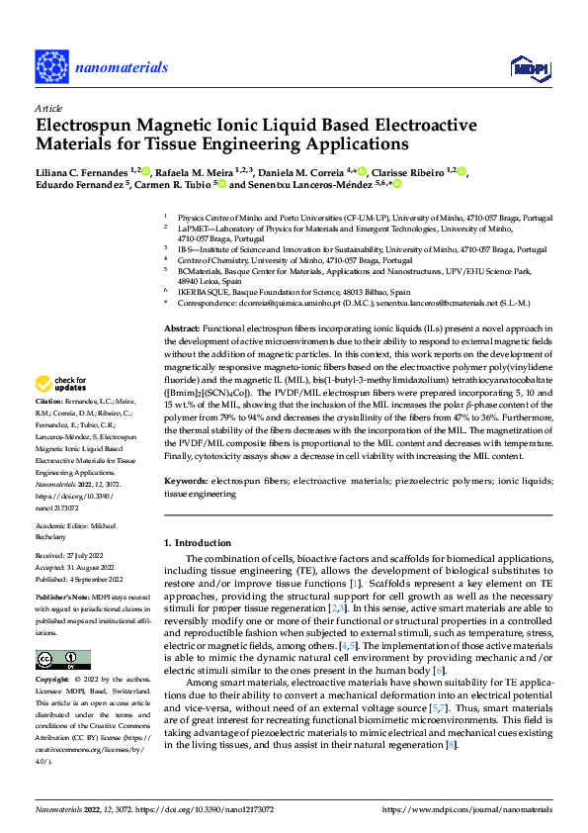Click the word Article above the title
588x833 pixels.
47,108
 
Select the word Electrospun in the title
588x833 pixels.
83,127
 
